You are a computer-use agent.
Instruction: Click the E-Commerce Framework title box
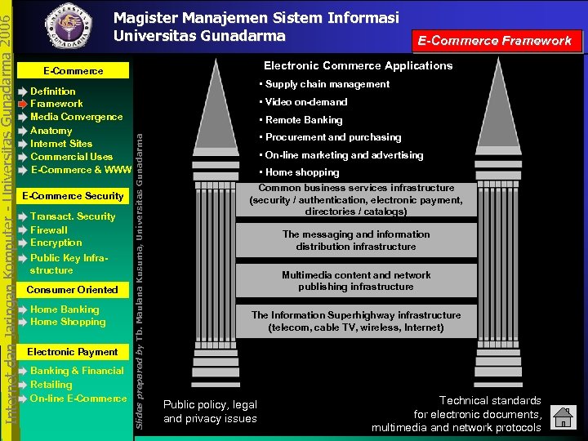point(495,40)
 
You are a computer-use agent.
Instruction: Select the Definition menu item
point(53,91)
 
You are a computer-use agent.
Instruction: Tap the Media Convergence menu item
point(76,117)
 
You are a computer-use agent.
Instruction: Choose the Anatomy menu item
point(51,131)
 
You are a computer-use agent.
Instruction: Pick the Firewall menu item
point(49,230)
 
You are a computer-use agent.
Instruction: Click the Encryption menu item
point(56,243)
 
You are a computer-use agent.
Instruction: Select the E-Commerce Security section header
point(73,196)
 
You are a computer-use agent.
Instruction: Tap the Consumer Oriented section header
point(73,290)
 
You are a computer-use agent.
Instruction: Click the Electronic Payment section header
point(73,352)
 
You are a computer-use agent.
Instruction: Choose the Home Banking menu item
point(65,310)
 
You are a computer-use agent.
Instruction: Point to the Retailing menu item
point(51,385)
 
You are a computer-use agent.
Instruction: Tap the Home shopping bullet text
point(302,172)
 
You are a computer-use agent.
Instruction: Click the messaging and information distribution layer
point(356,240)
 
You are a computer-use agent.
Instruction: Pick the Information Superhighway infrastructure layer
point(356,321)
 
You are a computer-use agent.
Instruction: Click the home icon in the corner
point(563,418)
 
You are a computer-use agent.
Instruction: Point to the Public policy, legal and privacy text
point(210,412)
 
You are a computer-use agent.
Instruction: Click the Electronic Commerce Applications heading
point(358,65)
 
